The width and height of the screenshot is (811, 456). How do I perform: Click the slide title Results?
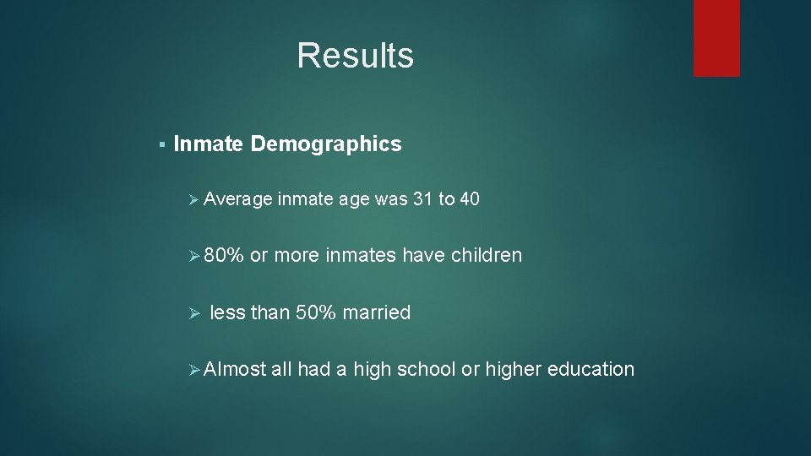click(355, 56)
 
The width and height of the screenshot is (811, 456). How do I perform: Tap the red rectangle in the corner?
click(716, 38)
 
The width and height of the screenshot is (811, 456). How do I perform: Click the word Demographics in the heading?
click(326, 144)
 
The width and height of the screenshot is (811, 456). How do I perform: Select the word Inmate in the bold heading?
click(209, 144)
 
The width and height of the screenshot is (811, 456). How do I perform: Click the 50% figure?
click(314, 312)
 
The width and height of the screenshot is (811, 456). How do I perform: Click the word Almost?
click(235, 369)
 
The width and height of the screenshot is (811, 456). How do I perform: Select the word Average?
click(237, 199)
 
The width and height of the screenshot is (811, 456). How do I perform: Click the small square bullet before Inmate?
click(161, 145)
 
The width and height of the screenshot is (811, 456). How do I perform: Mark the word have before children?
click(424, 255)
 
